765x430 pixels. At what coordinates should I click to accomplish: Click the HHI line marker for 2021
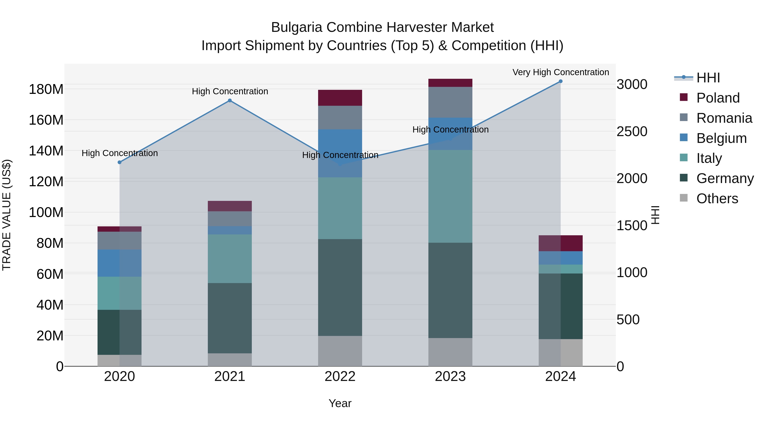(229, 101)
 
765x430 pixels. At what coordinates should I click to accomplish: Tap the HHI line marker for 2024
(560, 81)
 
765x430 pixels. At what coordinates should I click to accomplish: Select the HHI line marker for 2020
(119, 162)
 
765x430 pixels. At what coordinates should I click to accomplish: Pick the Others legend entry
(717, 199)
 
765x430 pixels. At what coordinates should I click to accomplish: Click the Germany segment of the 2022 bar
(340, 287)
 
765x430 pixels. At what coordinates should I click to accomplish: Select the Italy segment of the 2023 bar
(450, 196)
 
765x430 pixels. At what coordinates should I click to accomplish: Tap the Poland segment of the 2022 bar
(340, 98)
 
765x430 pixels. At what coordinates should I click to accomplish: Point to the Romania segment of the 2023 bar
(450, 102)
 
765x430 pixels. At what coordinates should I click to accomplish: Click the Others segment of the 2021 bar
(229, 360)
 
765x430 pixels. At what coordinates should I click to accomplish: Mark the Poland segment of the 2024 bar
(560, 243)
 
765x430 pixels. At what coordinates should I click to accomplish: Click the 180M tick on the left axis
(46, 89)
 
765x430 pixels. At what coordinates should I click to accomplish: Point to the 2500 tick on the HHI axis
(632, 131)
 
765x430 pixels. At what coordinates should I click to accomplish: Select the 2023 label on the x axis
(450, 376)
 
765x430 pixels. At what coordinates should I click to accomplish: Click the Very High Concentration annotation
(560, 72)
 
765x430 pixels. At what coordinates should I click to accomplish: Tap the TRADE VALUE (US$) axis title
(7, 215)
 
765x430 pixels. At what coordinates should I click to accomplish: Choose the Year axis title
(340, 403)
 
